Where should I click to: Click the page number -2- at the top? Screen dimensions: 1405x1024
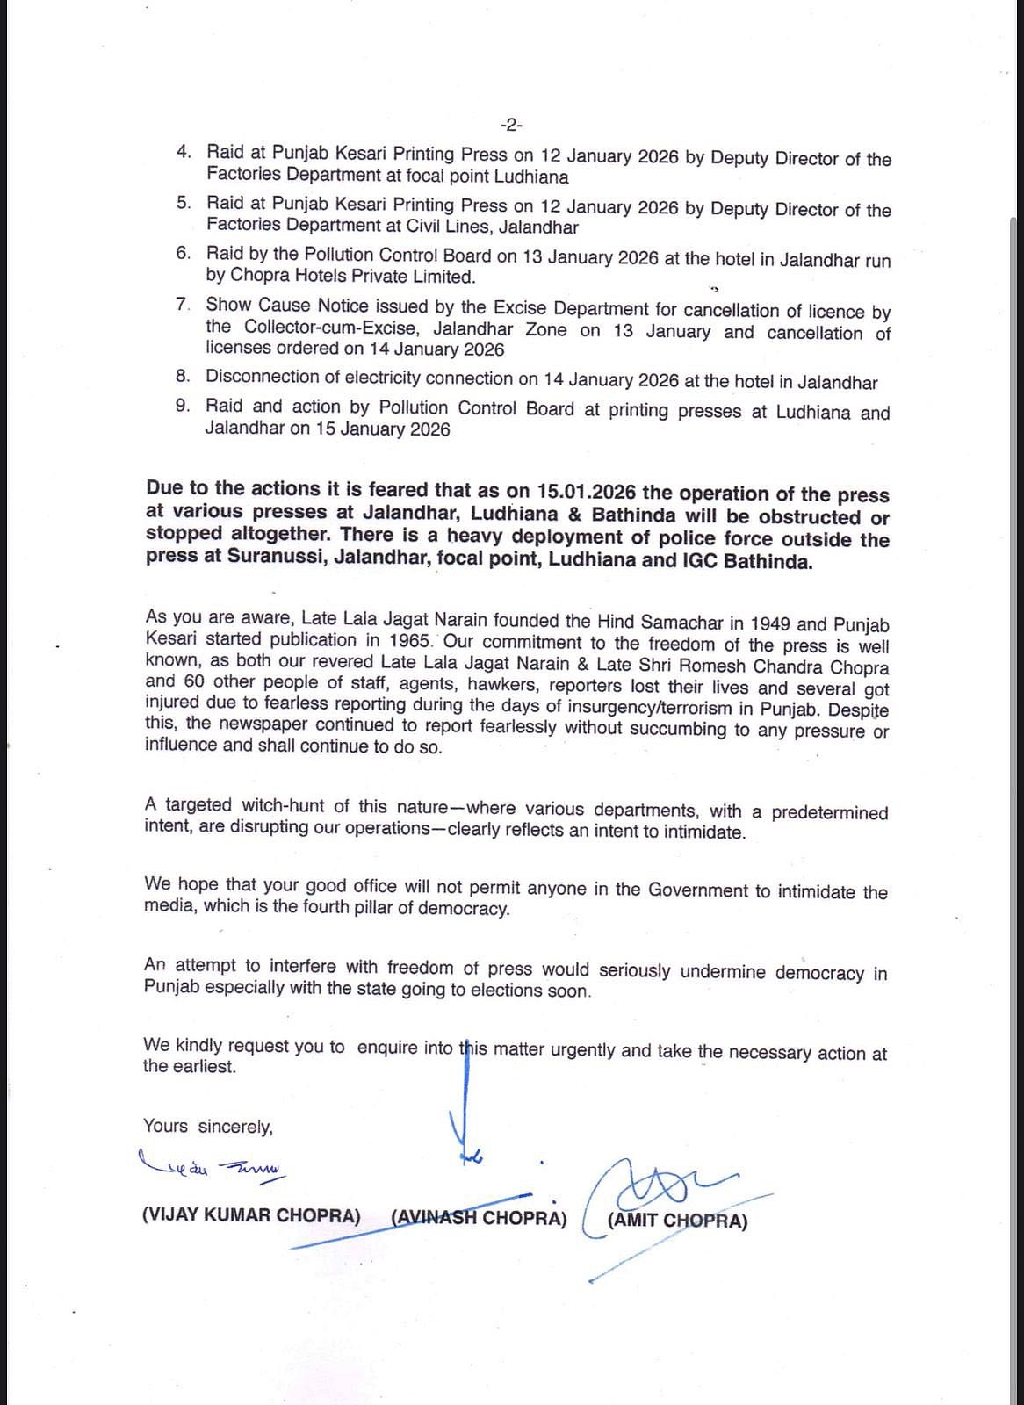[x=510, y=125]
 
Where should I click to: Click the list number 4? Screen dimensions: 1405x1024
[x=184, y=152]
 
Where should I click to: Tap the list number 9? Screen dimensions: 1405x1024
[x=183, y=406]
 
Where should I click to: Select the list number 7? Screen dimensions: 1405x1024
[x=183, y=305]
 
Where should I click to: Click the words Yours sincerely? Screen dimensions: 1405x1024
[x=208, y=1126]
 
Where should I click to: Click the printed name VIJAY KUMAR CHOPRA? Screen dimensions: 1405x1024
[x=251, y=1216]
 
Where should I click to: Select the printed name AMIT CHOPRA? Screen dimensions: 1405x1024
[x=677, y=1221]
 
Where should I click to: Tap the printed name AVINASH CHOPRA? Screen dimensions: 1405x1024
[x=480, y=1218]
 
